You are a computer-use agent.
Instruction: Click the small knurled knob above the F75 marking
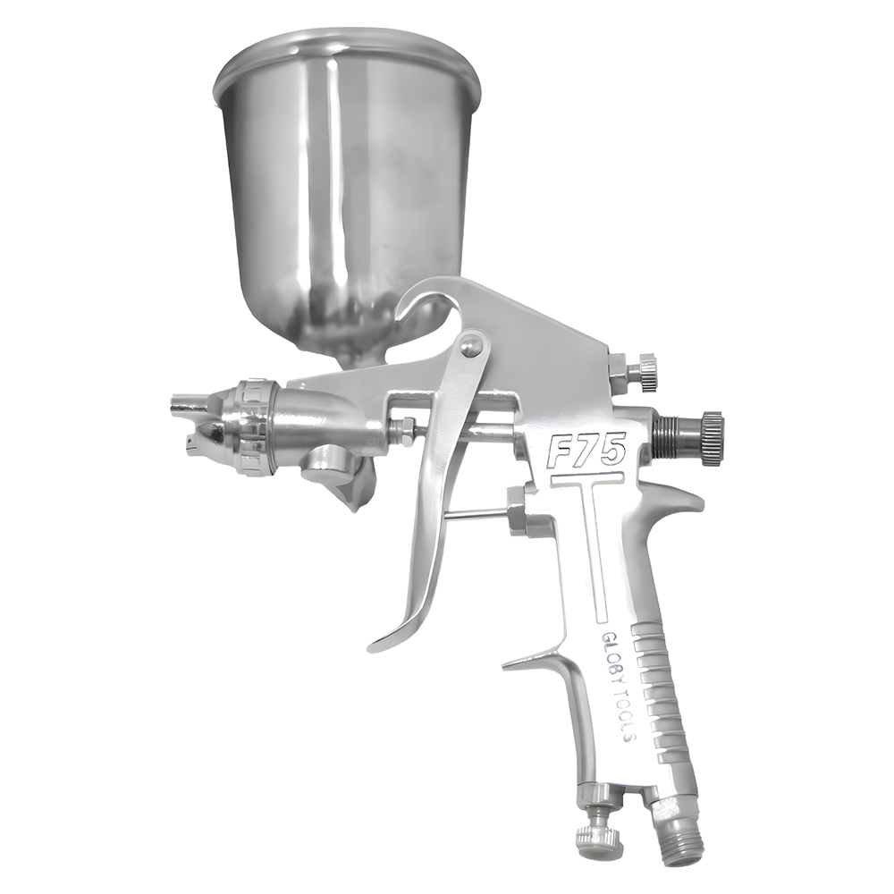(x=643, y=372)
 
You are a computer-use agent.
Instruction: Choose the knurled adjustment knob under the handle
(x=597, y=836)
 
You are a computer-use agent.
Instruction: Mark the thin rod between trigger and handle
(x=479, y=513)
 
